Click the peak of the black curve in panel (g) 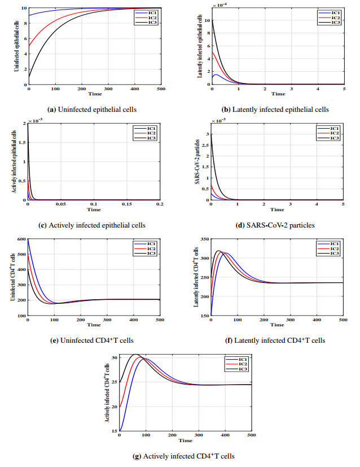coord(135,355)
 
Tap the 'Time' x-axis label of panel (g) coord(185,440)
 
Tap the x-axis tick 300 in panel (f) coord(289,321)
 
